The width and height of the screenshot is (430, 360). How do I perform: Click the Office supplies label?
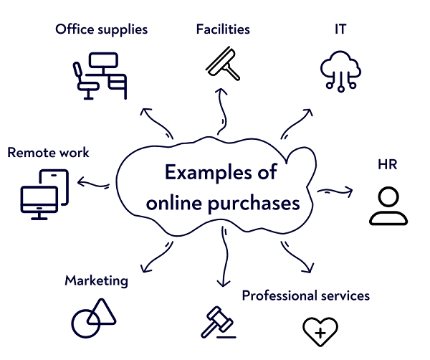pos(102,29)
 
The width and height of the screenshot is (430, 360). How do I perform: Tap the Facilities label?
pos(223,29)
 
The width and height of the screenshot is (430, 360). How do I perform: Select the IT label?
pos(340,29)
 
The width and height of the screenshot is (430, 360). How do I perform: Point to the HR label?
pos(388,164)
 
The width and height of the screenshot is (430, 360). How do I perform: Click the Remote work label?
pos(48,152)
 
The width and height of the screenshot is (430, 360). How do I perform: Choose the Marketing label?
pos(97,280)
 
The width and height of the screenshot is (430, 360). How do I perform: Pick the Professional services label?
pos(306,295)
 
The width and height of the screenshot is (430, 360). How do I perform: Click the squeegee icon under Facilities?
pos(223,64)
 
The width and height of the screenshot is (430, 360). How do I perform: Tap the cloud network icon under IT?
pos(340,71)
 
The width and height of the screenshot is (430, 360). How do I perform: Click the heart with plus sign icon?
pos(320,332)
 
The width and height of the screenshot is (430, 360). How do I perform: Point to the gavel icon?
pos(219,323)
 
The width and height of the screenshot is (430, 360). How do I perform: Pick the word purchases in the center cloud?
pos(254,204)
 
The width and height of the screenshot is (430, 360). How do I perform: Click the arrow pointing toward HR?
pos(335,191)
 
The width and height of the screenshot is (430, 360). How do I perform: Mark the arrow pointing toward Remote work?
pos(93,184)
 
